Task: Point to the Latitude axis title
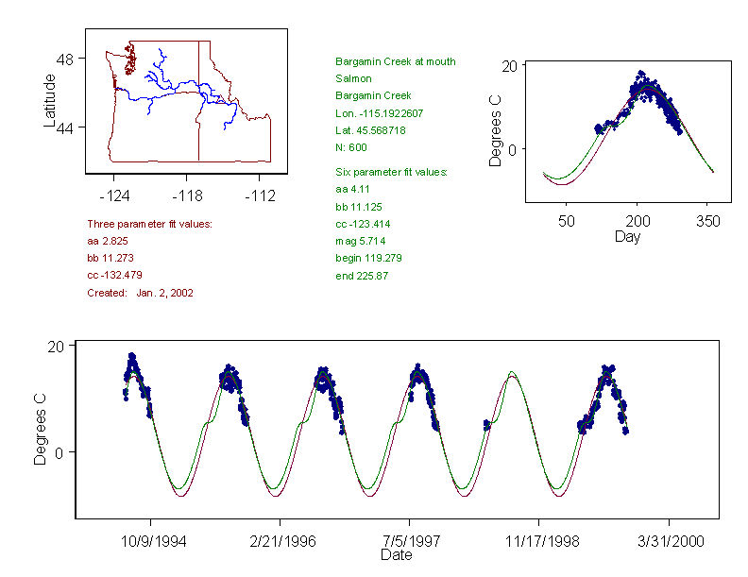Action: pyautogui.click(x=50, y=100)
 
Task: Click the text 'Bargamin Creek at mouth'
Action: pyautogui.click(x=395, y=61)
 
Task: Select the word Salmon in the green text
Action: pyautogui.click(x=353, y=78)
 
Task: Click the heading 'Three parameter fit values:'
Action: pyautogui.click(x=149, y=224)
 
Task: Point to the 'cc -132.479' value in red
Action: pyautogui.click(x=114, y=275)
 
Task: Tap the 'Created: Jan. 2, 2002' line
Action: pyautogui.click(x=140, y=293)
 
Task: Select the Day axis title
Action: pyautogui.click(x=627, y=236)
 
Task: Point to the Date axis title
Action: pyautogui.click(x=396, y=555)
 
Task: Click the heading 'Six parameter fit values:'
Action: pyautogui.click(x=391, y=172)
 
